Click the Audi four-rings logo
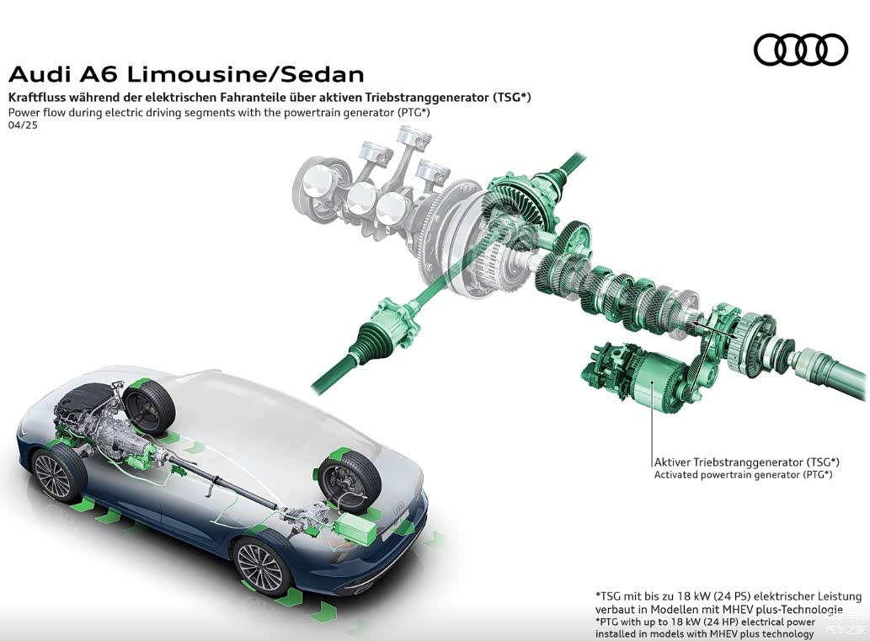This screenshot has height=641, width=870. tap(800, 50)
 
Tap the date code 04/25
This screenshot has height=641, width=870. tap(23, 125)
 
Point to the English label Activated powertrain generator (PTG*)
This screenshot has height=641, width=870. tap(743, 475)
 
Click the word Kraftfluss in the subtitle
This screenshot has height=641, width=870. tap(39, 97)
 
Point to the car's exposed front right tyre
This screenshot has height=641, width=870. tap(150, 403)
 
